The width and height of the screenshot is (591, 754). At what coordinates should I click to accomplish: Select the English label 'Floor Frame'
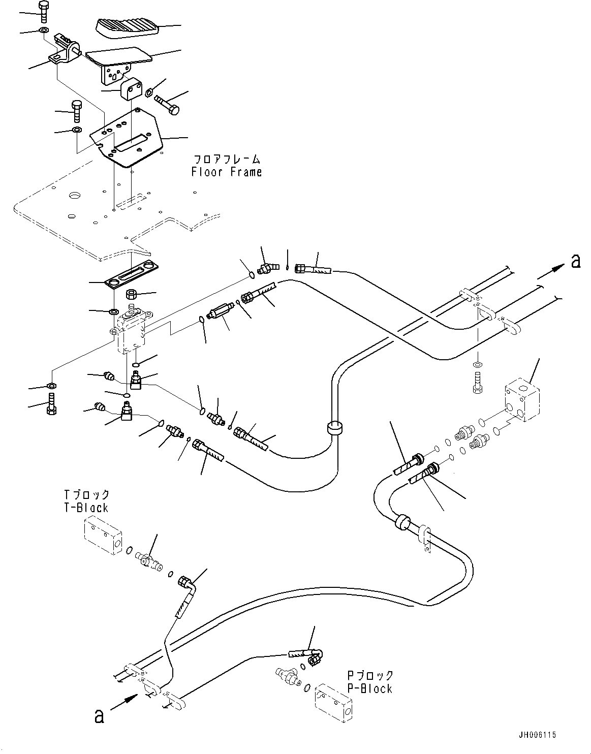227,172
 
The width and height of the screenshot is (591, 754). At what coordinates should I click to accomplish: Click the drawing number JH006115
538,735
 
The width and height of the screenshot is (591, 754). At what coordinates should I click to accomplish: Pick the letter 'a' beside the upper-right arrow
575,261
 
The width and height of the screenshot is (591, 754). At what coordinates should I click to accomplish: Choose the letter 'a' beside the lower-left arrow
99,716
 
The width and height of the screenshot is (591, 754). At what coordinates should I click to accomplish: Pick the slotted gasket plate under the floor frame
133,274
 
